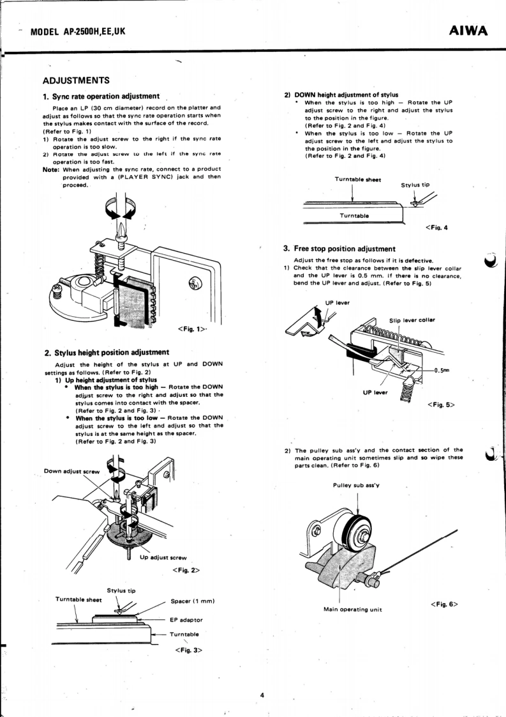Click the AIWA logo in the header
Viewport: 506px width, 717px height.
pos(469,31)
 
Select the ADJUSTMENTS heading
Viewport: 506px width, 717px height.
pos(76,81)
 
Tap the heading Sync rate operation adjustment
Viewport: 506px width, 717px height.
pos(101,96)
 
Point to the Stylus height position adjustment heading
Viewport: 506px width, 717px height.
pos(107,352)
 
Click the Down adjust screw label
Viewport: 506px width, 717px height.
pos(71,471)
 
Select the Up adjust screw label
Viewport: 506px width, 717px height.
pos(163,557)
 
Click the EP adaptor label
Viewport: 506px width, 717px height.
pos(188,620)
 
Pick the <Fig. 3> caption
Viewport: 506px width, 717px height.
pos(188,651)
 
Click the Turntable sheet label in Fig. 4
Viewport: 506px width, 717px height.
pos(358,180)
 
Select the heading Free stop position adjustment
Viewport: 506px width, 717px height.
pos(345,249)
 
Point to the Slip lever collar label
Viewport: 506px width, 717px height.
pos(412,320)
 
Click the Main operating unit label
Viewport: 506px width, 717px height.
pos(353,608)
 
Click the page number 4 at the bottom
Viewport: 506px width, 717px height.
pos(262,695)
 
